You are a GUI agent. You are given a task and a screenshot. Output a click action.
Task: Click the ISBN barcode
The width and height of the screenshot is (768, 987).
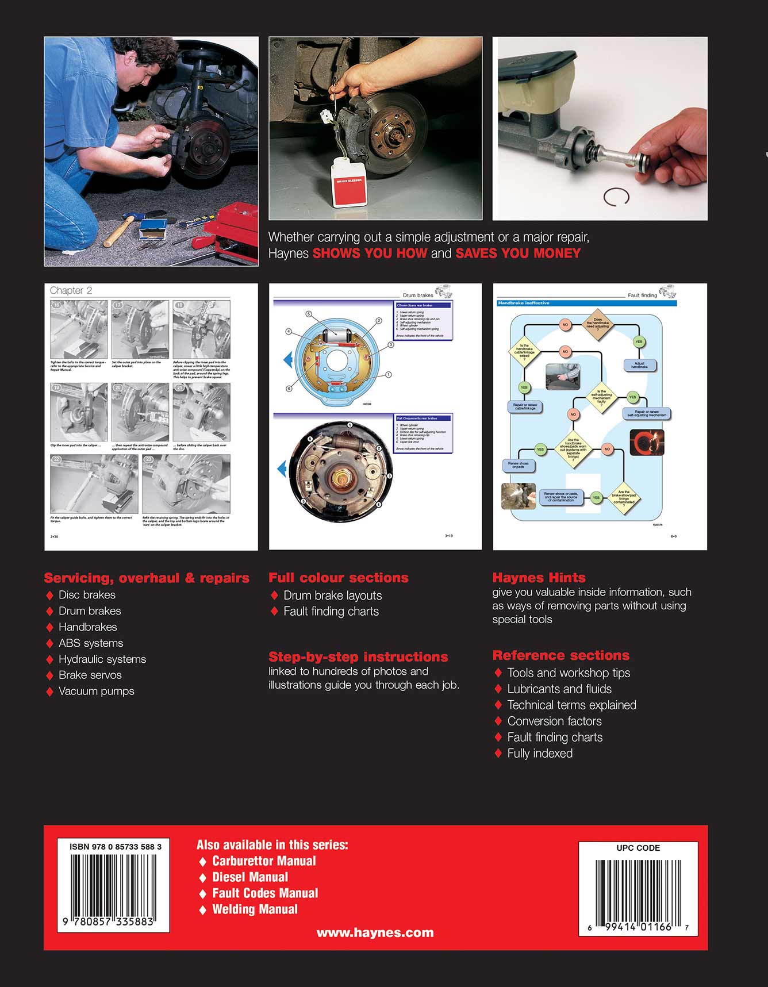click(113, 885)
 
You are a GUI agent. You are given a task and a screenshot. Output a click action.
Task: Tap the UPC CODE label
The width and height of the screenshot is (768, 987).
click(638, 848)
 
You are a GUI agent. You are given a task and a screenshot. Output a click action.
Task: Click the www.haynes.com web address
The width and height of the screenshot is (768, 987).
click(375, 933)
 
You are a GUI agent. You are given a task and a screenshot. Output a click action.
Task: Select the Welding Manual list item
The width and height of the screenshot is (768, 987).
click(255, 909)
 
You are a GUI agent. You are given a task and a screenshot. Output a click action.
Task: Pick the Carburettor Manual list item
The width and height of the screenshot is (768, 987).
click(264, 861)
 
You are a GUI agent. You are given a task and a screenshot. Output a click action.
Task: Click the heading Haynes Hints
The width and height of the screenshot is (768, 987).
click(539, 578)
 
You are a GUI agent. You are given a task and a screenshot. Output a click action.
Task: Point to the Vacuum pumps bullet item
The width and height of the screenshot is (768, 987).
click(96, 691)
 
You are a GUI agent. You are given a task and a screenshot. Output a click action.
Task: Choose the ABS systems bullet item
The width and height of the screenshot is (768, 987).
click(91, 643)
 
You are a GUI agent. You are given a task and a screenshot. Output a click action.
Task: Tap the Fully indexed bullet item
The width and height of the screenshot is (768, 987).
click(540, 753)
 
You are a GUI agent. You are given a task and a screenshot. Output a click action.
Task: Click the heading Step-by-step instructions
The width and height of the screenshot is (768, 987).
click(358, 657)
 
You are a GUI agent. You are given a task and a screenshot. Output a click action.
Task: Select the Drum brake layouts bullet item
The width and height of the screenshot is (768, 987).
click(332, 596)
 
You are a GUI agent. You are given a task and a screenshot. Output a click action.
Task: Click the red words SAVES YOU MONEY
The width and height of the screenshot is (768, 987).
click(518, 254)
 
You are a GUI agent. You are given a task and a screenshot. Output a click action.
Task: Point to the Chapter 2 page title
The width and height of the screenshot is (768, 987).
click(71, 290)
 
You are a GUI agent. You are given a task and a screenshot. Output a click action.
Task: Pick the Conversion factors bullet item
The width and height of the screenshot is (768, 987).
click(554, 721)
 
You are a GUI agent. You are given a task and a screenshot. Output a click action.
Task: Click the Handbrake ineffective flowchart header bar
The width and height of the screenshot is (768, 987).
click(586, 303)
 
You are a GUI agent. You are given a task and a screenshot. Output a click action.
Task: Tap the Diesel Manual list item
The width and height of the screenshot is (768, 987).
click(250, 877)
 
